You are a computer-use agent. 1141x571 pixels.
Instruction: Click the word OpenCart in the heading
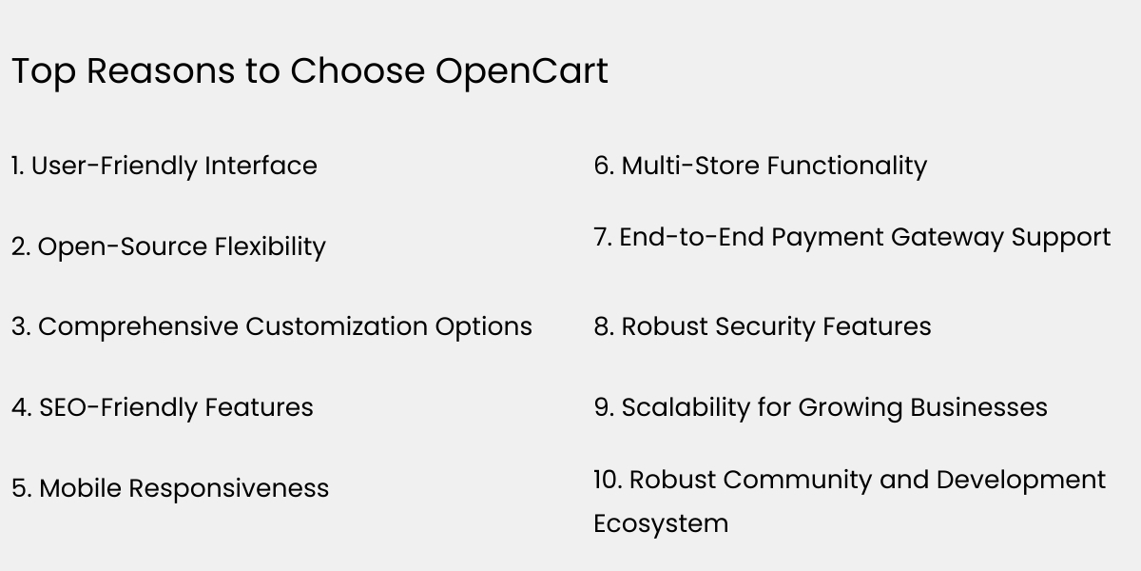pyautogui.click(x=522, y=72)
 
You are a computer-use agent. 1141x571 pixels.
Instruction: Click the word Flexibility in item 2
pyautogui.click(x=270, y=246)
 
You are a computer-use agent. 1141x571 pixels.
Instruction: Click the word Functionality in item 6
pyautogui.click(x=847, y=166)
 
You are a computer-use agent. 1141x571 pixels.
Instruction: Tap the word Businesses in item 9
pyautogui.click(x=978, y=407)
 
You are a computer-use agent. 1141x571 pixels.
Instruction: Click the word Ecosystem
pyautogui.click(x=661, y=523)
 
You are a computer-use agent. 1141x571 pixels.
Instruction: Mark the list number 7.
pyautogui.click(x=602, y=237)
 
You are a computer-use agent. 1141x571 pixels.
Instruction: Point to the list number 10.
pyautogui.click(x=607, y=480)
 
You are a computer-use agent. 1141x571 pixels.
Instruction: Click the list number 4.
pyautogui.click(x=21, y=407)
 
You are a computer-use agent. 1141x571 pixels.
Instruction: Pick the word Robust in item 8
pyautogui.click(x=664, y=326)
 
